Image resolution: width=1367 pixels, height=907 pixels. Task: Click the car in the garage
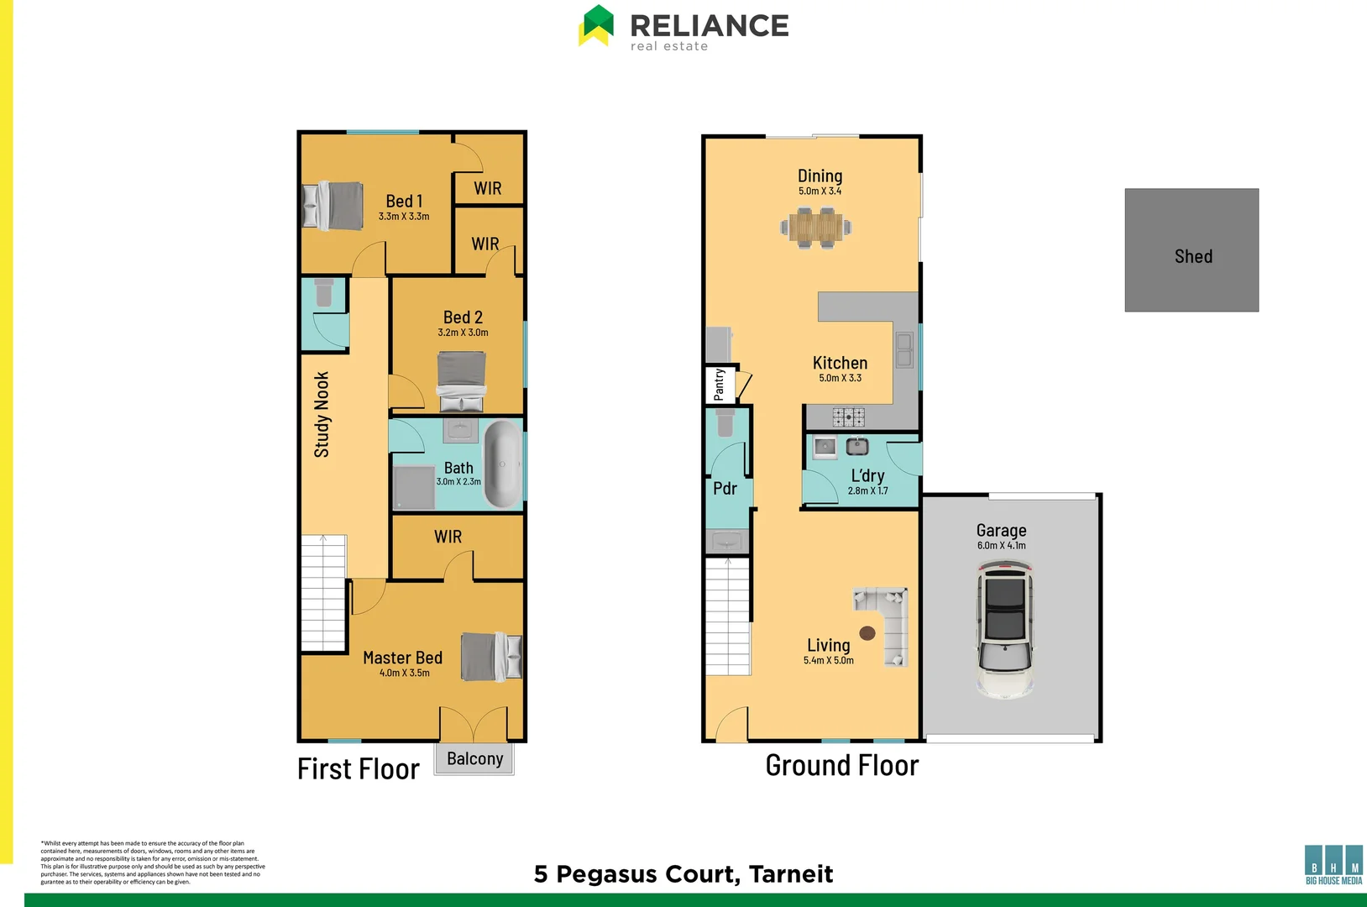click(x=1005, y=630)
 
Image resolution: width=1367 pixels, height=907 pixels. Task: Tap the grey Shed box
click(x=1192, y=250)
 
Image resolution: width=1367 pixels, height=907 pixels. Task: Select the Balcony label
click(x=474, y=759)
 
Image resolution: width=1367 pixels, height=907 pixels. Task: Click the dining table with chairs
click(x=815, y=227)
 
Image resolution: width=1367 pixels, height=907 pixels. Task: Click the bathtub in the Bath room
click(x=502, y=464)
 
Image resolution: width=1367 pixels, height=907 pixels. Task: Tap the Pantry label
click(x=720, y=385)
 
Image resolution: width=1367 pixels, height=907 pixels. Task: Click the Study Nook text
click(x=322, y=415)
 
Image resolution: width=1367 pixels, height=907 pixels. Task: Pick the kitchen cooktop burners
click(x=848, y=417)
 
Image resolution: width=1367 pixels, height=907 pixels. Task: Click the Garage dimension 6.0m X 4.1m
click(x=1001, y=546)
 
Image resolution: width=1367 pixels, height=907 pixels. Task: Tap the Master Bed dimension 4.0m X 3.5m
click(x=404, y=673)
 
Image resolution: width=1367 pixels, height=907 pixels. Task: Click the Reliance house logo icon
click(x=597, y=25)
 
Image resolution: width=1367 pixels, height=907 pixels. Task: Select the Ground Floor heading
click(x=841, y=766)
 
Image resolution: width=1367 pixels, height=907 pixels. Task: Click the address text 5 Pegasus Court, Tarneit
click(x=683, y=874)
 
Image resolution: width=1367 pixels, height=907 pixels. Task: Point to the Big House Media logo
click(x=1333, y=865)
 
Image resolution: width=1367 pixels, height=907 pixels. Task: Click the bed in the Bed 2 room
click(x=461, y=380)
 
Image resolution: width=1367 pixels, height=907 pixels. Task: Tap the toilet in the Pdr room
click(x=725, y=422)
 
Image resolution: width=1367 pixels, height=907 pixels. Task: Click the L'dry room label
click(x=867, y=475)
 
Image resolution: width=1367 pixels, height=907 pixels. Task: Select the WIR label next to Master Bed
click(x=448, y=537)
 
